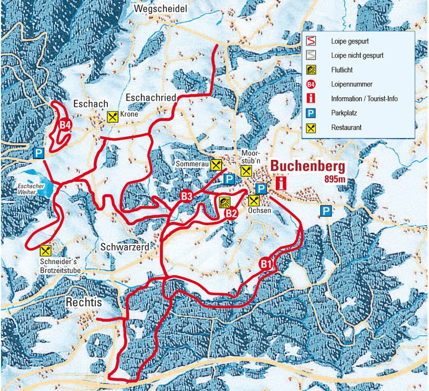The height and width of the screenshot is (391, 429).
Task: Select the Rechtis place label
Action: (83, 302)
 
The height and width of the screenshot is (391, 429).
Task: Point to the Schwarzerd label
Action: (124, 247)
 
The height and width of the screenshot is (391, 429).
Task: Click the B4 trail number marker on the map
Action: (64, 125)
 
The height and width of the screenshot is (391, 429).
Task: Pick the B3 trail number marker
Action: (187, 196)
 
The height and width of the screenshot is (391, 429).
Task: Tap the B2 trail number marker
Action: (230, 213)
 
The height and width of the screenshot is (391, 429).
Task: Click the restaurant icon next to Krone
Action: (113, 117)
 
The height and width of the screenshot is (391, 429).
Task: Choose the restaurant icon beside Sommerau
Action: (216, 164)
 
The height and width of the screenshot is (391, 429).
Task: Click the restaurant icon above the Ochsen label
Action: (254, 200)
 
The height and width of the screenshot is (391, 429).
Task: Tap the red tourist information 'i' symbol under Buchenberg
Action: (282, 183)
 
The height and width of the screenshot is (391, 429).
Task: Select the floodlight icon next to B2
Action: (224, 202)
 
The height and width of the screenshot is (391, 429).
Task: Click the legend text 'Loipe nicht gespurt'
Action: (357, 55)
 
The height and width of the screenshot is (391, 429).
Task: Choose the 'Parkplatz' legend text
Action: (344, 113)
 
